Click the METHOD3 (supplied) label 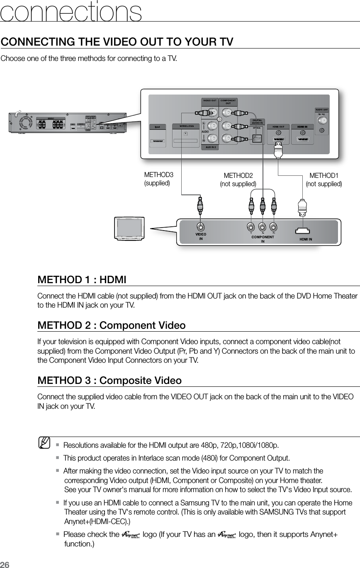tap(157, 179)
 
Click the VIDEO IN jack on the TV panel tap(201, 227)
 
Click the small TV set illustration tap(129, 228)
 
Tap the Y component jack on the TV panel tap(251, 227)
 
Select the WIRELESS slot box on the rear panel tap(186, 135)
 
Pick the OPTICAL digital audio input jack tap(257, 138)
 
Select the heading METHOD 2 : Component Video tap(111, 325)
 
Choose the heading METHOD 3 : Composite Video tap(109, 380)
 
